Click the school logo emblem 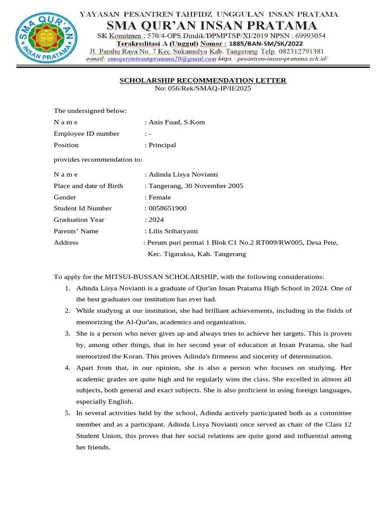(44, 38)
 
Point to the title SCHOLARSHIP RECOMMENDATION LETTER (203, 80)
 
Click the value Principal (161, 145)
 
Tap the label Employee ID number (86, 134)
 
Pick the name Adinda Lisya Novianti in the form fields (182, 175)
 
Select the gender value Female (159, 197)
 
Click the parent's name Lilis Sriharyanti (173, 231)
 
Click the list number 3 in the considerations (67, 333)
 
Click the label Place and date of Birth (88, 186)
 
